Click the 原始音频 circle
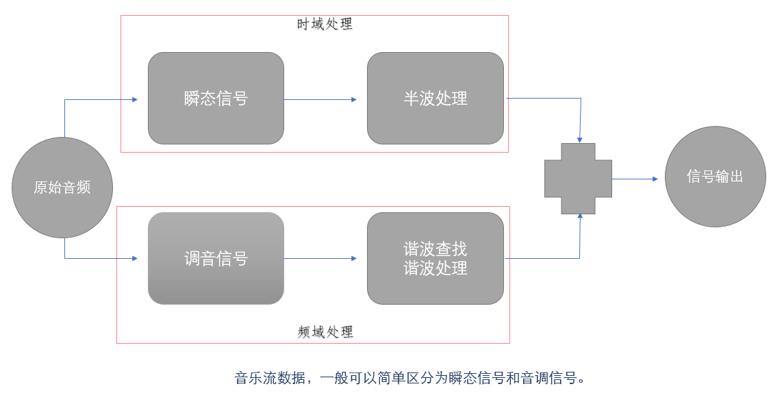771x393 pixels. (62, 188)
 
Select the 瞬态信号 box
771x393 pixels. (216, 99)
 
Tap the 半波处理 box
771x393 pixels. (435, 99)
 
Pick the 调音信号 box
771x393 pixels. (216, 259)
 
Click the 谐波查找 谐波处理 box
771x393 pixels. (435, 259)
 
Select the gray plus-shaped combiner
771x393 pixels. (578, 179)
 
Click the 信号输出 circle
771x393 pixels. (715, 177)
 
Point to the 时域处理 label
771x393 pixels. (325, 24)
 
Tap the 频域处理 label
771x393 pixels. (326, 332)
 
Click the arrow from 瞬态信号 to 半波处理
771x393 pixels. (320, 99)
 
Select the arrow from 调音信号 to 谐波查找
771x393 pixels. (320, 259)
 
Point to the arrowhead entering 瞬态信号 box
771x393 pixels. (134, 99)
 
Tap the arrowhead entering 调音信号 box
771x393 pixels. (134, 259)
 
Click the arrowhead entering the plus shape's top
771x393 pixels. (579, 140)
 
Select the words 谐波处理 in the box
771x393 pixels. (435, 268)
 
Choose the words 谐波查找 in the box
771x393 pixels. (435, 249)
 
